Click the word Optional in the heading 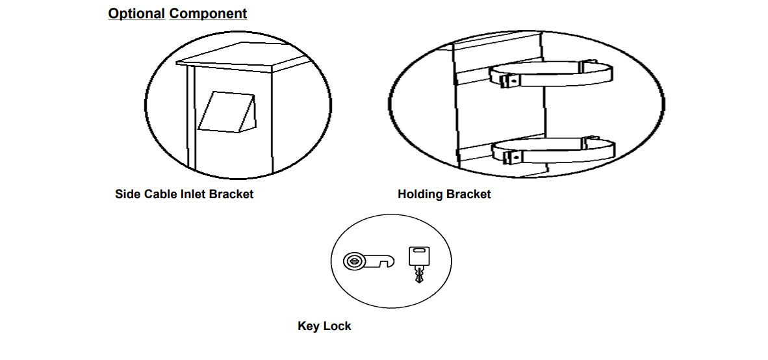coord(136,13)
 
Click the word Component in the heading coord(208,13)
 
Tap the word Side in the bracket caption coord(127,194)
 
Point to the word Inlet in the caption coord(192,194)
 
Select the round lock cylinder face coord(354,261)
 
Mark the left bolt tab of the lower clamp coord(510,157)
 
